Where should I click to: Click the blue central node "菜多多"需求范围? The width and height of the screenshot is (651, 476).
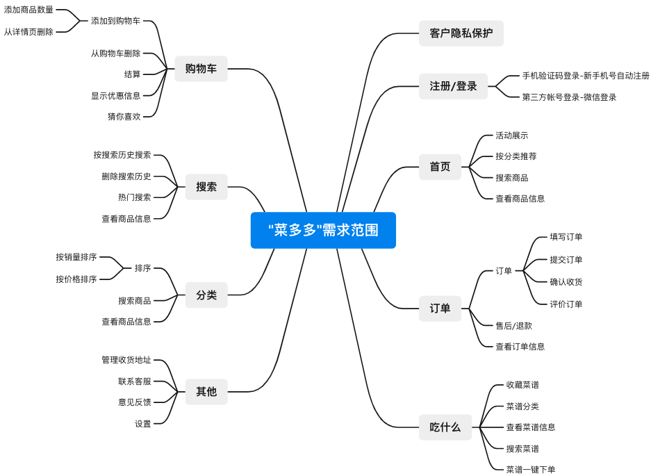click(323, 230)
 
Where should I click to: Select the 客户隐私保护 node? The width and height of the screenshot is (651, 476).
click(461, 33)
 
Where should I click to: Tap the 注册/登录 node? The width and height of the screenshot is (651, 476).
click(453, 86)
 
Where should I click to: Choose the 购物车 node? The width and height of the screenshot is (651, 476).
click(201, 69)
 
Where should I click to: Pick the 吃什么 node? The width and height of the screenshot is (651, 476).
click(445, 427)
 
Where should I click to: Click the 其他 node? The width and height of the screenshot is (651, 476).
click(206, 392)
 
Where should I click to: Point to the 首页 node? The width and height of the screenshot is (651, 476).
click(440, 167)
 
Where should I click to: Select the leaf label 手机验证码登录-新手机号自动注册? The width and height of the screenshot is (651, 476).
click(586, 76)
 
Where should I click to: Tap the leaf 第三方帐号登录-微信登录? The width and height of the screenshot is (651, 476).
click(569, 97)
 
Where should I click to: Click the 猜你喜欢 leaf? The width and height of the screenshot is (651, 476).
click(124, 117)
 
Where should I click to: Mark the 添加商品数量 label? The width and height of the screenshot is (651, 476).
click(28, 10)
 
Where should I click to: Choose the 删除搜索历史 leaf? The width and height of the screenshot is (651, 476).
click(126, 177)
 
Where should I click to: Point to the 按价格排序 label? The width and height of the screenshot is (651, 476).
click(76, 279)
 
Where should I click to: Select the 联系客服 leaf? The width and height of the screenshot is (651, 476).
click(134, 381)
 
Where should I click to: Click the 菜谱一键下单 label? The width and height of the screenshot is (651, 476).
click(530, 470)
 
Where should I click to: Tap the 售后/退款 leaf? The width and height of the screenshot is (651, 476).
click(513, 325)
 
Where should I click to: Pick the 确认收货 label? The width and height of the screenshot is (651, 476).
click(566, 282)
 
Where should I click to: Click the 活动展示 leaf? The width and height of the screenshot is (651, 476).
click(511, 136)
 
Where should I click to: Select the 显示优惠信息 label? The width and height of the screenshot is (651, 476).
click(115, 96)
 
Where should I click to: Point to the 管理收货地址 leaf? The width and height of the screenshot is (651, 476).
click(126, 360)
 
